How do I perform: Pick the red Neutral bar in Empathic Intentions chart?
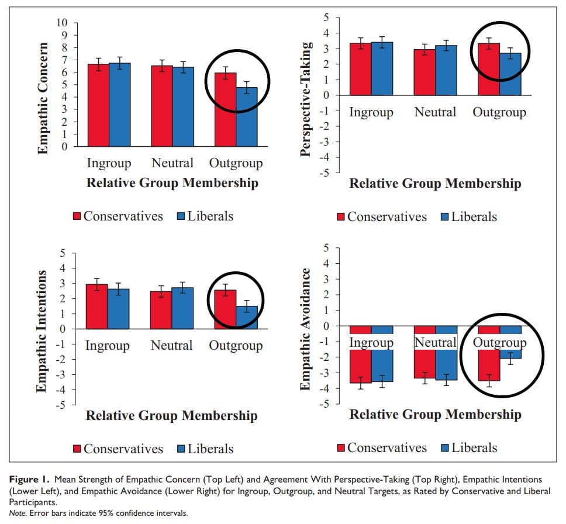161,310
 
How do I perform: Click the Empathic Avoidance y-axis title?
305,329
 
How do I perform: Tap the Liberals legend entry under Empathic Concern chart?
204,216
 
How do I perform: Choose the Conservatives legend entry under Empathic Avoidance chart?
381,448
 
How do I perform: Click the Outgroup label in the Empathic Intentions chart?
236,346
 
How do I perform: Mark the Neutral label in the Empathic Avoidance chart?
436,343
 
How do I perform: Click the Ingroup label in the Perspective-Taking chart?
371,112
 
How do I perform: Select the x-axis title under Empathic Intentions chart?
171,416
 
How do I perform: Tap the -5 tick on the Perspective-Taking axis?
324,173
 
